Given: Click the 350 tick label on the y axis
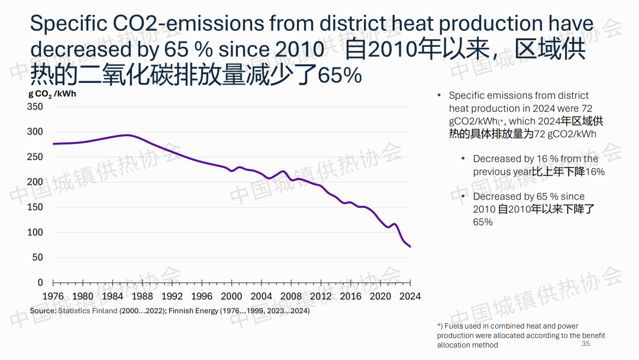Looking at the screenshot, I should click(x=35, y=107).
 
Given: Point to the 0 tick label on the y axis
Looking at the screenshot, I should click(x=40, y=282).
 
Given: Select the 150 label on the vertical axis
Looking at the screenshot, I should click(x=35, y=207).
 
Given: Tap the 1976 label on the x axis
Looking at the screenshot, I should click(x=53, y=296).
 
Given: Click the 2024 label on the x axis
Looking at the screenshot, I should click(x=410, y=296).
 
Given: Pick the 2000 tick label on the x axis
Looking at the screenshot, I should click(x=231, y=296).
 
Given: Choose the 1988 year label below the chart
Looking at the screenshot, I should click(x=143, y=296).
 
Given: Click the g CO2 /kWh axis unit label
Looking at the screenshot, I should click(x=52, y=94).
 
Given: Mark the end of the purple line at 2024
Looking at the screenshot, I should click(x=410, y=246).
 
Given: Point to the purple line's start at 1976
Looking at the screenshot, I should click(x=53, y=144).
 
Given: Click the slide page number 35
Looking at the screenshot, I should click(x=586, y=344).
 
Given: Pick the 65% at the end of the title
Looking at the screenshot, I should click(x=340, y=76).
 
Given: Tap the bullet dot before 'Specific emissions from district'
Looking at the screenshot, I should click(x=439, y=95).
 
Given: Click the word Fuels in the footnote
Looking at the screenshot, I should click(x=454, y=326).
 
